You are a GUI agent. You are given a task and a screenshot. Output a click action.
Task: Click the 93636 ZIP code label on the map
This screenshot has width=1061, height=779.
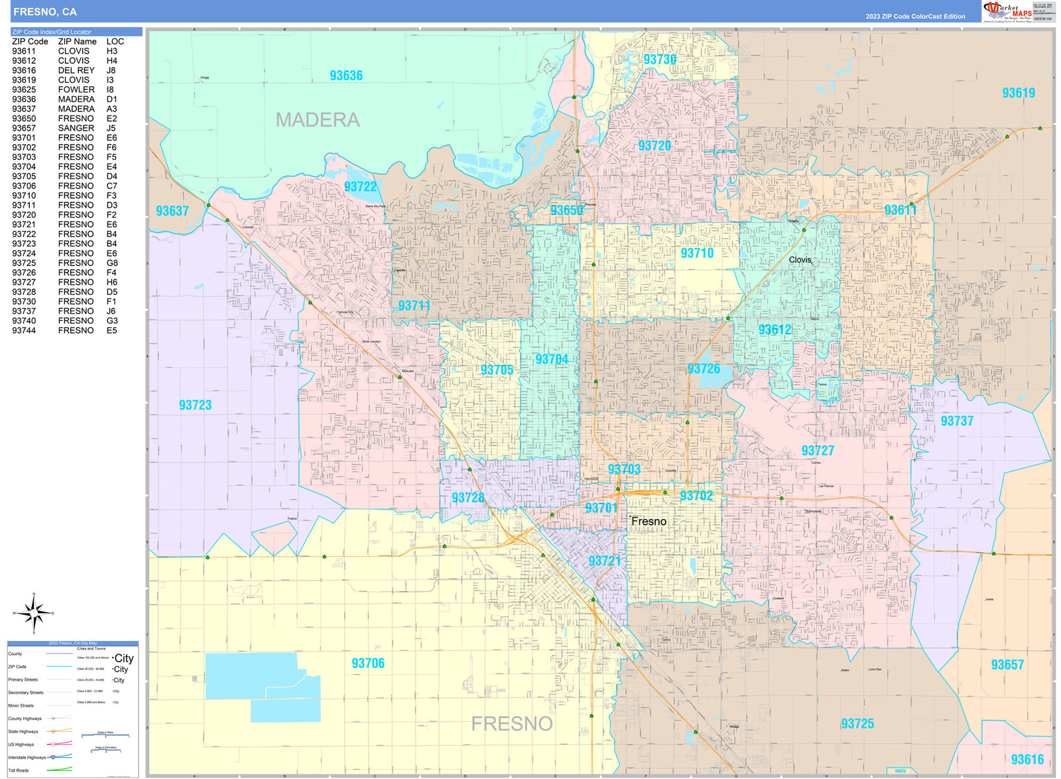346,76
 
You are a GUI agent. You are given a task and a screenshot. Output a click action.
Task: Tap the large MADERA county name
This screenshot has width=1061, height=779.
318,120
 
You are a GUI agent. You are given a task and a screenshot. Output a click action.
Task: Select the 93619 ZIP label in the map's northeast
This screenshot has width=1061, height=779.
1018,93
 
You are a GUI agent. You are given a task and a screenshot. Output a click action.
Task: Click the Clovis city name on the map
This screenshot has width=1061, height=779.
800,259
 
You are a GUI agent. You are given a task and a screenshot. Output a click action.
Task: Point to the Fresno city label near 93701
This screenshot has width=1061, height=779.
649,522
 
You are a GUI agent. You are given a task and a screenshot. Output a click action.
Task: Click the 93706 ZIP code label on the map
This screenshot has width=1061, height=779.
368,663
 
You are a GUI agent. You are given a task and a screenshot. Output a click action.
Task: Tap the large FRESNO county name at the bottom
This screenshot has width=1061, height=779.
511,723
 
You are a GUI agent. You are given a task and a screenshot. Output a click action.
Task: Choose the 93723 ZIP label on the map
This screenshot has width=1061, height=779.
195,405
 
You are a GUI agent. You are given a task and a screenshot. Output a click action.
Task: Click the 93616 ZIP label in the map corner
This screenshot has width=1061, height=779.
1027,759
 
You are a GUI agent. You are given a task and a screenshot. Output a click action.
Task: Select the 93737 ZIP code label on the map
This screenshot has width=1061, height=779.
957,421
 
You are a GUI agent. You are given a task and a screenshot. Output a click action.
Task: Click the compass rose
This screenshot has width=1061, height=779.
34,613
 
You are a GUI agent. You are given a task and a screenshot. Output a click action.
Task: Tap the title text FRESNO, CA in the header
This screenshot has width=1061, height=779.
45,11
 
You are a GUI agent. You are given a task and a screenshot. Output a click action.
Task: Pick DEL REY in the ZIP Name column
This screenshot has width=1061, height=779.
76,70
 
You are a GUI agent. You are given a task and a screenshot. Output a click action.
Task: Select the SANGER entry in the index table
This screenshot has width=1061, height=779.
76,128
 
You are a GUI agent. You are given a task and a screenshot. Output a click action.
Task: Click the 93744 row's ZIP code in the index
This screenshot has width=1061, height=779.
24,330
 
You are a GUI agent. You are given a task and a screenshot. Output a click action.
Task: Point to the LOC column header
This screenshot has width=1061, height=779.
115,41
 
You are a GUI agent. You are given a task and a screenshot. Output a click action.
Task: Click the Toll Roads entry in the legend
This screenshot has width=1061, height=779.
19,770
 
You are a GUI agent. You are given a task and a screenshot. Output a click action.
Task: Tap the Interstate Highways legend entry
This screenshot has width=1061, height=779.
27,757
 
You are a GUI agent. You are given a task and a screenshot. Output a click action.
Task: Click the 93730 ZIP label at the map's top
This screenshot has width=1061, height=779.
660,60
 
